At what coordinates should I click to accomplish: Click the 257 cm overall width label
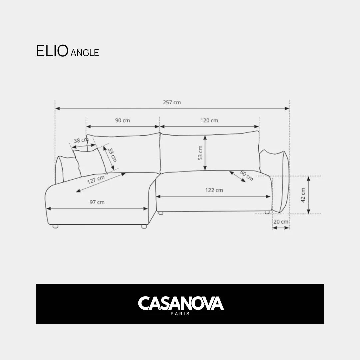coord(172,102)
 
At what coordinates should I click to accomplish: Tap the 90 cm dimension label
coord(123,120)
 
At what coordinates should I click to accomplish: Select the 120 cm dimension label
coord(209,120)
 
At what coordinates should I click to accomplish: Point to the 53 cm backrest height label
coord(200,153)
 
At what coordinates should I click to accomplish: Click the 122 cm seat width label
coord(214,190)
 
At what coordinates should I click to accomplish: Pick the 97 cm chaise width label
coord(97,202)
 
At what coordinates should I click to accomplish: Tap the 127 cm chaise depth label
coord(96,179)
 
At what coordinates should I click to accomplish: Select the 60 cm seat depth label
coord(247,175)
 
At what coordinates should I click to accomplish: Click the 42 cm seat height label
coord(303,195)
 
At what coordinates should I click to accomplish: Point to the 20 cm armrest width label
coord(281,222)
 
